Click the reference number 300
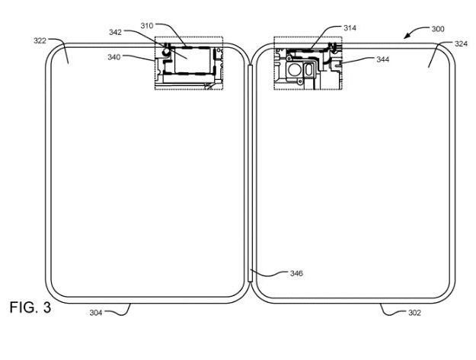tap(438, 29)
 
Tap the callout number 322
tap(40, 40)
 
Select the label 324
tap(461, 43)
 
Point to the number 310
tap(147, 26)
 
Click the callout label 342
tap(115, 32)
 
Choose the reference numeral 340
tap(113, 57)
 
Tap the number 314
tap(350, 28)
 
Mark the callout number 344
tap(383, 59)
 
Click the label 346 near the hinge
tap(296, 273)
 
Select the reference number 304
tap(96, 312)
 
